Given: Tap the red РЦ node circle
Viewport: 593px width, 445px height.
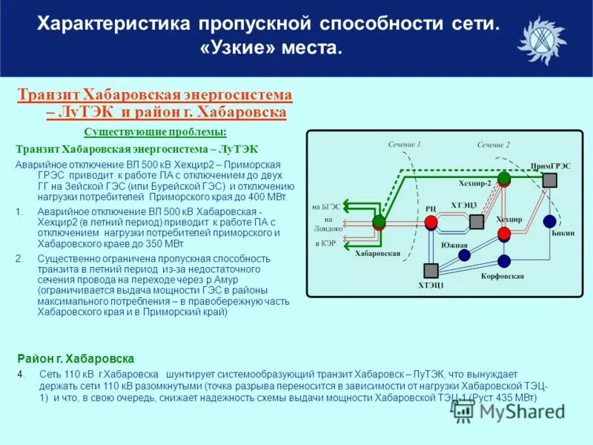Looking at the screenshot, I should (x=431, y=221).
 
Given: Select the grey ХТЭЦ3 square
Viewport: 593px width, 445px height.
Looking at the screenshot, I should (x=477, y=221).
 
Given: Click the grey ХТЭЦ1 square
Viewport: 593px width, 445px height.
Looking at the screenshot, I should (x=431, y=270).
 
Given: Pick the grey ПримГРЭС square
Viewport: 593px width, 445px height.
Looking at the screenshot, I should (x=549, y=179).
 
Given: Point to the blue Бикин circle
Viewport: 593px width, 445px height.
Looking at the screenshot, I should (x=549, y=221).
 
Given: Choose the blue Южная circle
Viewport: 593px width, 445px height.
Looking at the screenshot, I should (x=464, y=255).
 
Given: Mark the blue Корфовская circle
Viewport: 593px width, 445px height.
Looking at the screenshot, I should (x=504, y=260).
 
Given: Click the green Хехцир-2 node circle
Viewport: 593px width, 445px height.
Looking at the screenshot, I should (x=504, y=178).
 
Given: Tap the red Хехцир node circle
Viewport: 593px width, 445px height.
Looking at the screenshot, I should (x=504, y=233).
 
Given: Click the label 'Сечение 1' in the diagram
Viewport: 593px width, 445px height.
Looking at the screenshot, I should (x=404, y=144).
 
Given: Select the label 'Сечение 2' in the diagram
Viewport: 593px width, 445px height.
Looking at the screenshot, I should (x=493, y=145).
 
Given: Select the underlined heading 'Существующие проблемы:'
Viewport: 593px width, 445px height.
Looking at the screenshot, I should (x=155, y=132).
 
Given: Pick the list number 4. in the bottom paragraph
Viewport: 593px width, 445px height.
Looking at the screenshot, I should (x=21, y=375).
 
